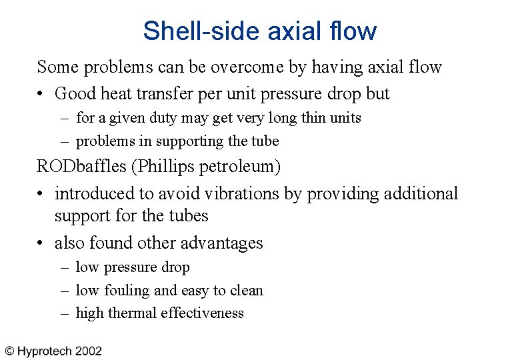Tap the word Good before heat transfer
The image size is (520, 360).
coord(75,93)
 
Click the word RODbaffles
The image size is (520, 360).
coord(73,166)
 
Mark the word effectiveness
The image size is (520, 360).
coord(206,313)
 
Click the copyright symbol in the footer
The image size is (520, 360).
coord(10,351)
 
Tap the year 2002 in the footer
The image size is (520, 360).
coord(89,351)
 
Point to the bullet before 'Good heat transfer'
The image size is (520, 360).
coord(41,94)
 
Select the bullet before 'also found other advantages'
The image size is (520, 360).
coord(41,243)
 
